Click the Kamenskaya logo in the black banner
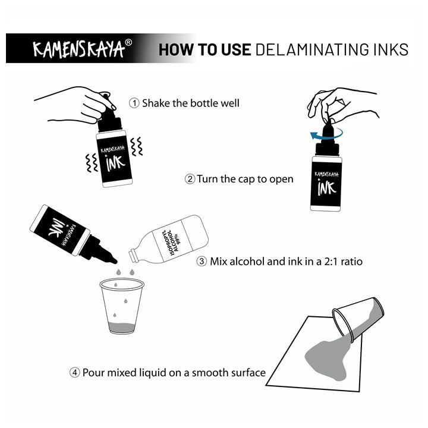click(79, 49)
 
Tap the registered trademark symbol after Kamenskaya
click(128, 43)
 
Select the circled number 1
click(134, 103)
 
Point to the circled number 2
click(190, 180)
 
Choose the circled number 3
click(202, 261)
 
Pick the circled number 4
click(74, 373)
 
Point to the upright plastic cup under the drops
click(122, 306)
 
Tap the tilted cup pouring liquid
click(358, 319)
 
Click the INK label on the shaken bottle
click(115, 163)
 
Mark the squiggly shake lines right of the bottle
click(137, 146)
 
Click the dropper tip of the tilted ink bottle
click(114, 261)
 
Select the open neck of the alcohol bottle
click(133, 255)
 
